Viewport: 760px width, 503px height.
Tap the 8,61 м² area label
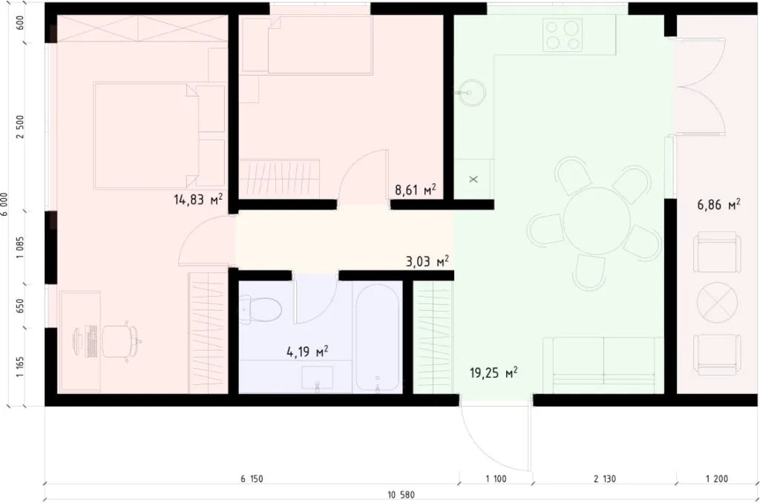pos(415,190)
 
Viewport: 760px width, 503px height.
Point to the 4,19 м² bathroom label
pos(307,351)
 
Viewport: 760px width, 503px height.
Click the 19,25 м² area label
pos(493,372)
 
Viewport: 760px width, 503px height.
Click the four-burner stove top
pos(563,34)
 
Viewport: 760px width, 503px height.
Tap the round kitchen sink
pos(469,93)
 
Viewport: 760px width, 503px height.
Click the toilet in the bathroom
pos(259,308)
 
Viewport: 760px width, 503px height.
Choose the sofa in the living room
pos(603,364)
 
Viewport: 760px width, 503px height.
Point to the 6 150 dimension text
pos(252,479)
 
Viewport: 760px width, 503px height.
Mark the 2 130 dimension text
pos(605,479)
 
